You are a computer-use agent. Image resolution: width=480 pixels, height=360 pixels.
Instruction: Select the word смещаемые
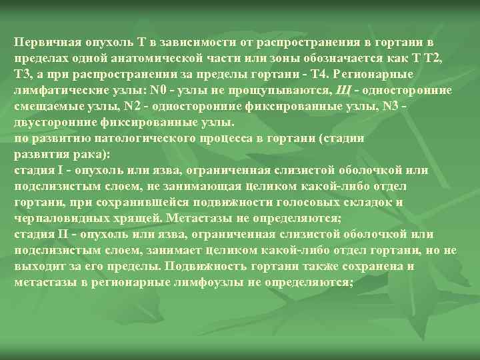pos(45,105)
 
